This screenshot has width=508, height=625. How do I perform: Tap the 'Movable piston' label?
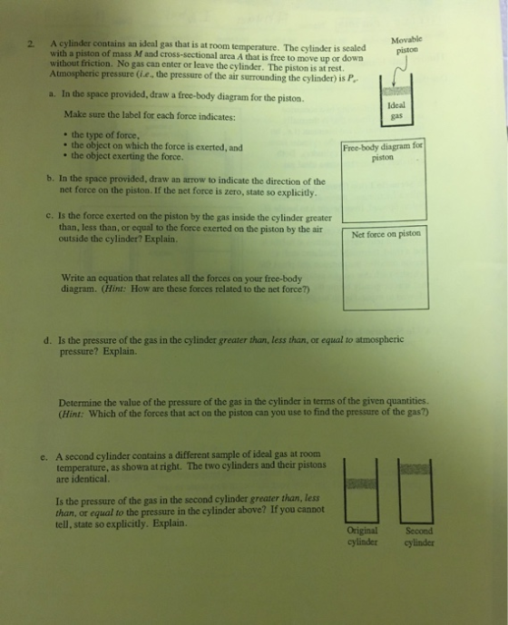coord(406,45)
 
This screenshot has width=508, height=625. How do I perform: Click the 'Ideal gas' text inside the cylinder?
coord(396,111)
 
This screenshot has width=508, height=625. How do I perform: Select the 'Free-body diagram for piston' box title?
coord(383,151)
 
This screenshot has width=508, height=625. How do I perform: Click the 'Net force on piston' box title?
coord(386,234)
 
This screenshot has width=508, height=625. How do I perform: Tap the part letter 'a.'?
coord(52,95)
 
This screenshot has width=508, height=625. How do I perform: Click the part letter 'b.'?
coord(50,178)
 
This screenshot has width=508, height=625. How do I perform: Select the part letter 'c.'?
coord(50,216)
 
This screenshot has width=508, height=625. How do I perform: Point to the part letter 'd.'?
coord(48,341)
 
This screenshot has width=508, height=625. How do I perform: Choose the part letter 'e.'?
coord(44,457)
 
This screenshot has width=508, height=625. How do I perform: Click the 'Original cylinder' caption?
coord(362,536)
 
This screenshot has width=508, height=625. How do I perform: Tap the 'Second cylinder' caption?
coord(419,536)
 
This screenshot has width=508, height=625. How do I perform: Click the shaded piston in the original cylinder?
coord(362,483)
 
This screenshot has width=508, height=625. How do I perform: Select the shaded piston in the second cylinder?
coord(415,469)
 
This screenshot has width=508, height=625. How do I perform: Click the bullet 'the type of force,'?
coord(105,135)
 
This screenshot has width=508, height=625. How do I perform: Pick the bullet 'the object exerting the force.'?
coord(127,156)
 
